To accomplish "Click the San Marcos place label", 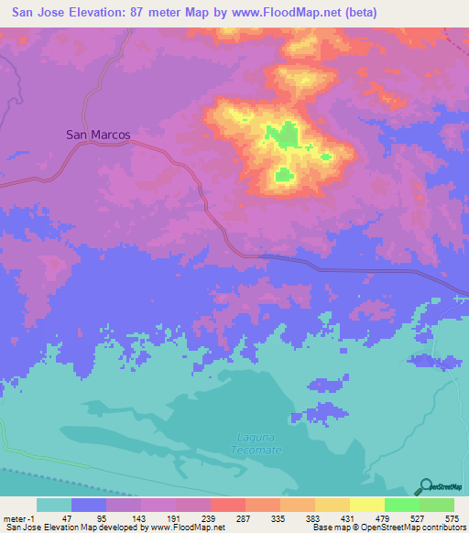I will [x=98, y=134].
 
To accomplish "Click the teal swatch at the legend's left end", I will [x=54, y=505].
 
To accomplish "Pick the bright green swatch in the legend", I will [x=402, y=505].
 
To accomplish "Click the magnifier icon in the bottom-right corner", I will [x=426, y=486].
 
